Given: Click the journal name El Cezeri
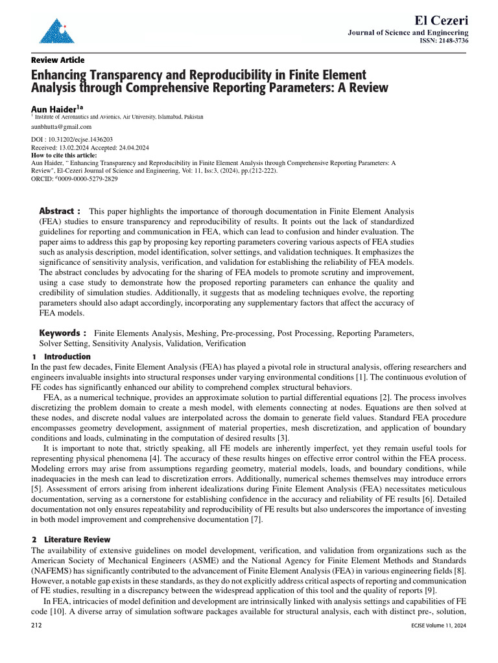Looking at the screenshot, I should pyautogui.click(x=436, y=19).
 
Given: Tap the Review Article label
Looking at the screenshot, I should pyautogui.click(x=58, y=60).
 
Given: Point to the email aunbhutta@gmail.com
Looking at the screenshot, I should pyautogui.click(x=62, y=127).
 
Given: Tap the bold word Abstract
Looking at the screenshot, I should pyautogui.click(x=56, y=211).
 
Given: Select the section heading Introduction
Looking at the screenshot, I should pyautogui.click(x=67, y=357).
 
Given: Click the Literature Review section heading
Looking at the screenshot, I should pyautogui.click(x=77, y=539).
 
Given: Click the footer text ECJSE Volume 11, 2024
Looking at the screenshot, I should pyautogui.click(x=438, y=627).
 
